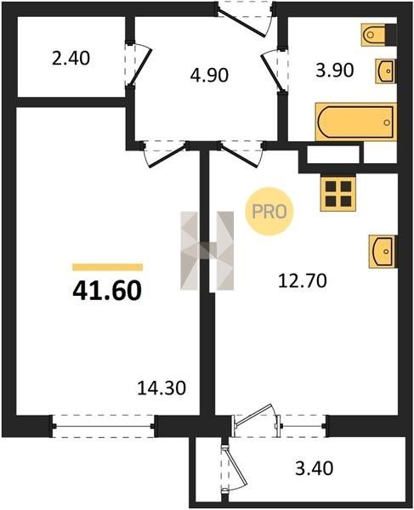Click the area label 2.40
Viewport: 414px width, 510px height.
click(x=71, y=59)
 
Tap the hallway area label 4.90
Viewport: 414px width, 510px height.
click(x=209, y=75)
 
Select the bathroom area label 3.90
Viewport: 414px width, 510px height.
click(x=335, y=71)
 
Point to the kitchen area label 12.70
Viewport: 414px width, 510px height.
click(x=303, y=281)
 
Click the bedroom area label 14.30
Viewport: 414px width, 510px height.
click(x=162, y=388)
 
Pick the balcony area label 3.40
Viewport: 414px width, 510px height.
click(x=315, y=468)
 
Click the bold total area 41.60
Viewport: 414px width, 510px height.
click(x=107, y=290)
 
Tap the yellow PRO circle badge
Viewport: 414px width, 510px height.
click(x=269, y=212)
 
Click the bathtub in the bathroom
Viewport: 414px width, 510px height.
click(x=356, y=122)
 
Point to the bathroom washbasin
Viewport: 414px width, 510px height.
click(x=386, y=71)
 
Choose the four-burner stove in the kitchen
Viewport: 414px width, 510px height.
click(x=338, y=194)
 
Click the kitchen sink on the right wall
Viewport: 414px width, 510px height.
click(x=383, y=252)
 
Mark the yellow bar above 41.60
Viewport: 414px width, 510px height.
click(x=108, y=267)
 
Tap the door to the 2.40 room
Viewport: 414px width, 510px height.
click(x=139, y=65)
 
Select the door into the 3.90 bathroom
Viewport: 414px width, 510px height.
click(x=274, y=70)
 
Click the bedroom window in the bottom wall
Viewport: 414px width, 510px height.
click(x=103, y=426)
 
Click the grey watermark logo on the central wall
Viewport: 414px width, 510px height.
click(x=207, y=251)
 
